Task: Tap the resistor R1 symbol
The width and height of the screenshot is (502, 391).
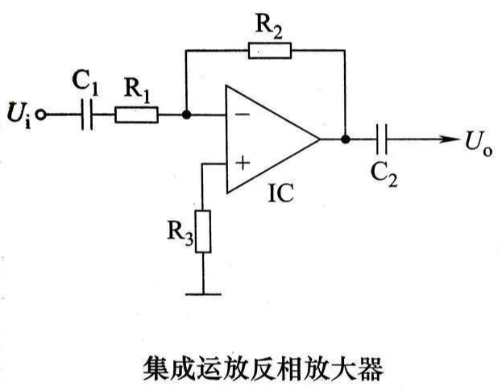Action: [x=136, y=115]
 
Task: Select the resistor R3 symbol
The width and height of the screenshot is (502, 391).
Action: [x=202, y=231]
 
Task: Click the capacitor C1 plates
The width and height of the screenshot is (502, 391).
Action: [x=89, y=115]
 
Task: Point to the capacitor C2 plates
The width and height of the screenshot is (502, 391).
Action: [x=383, y=139]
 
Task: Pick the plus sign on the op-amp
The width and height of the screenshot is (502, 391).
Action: [x=242, y=164]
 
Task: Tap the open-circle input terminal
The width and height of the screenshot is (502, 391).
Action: [x=42, y=115]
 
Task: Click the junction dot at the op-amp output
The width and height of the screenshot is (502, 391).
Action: [x=346, y=139]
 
